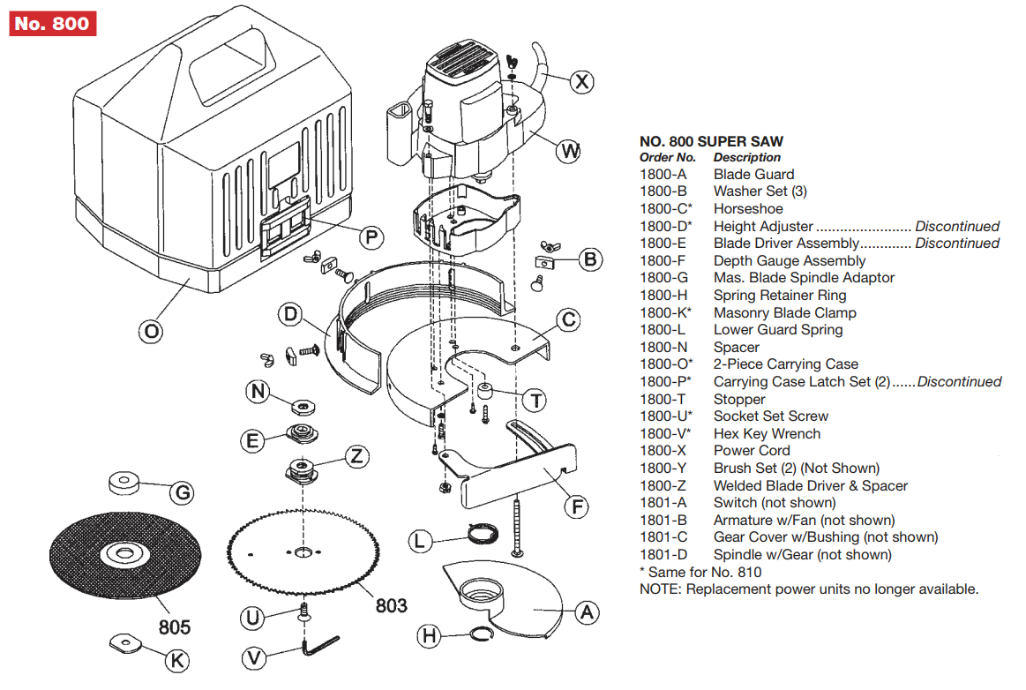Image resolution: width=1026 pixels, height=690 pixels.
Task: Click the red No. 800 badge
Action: pyautogui.click(x=53, y=23)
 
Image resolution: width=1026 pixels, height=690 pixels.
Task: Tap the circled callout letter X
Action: pyautogui.click(x=580, y=82)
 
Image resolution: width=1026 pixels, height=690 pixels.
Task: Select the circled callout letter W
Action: pyautogui.click(x=570, y=151)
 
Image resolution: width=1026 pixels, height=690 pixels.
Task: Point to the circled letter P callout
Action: pyautogui.click(x=372, y=236)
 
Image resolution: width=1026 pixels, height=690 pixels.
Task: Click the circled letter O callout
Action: pyautogui.click(x=152, y=332)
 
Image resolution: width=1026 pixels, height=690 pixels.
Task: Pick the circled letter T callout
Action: pyautogui.click(x=534, y=400)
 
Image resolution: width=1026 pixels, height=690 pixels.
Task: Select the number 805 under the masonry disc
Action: pyautogui.click(x=175, y=628)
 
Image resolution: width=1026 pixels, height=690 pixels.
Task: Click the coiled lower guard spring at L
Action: pyautogui.click(x=479, y=534)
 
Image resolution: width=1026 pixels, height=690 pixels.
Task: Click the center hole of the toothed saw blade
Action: pyautogui.click(x=303, y=553)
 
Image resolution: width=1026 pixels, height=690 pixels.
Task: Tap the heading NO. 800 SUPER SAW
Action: pyautogui.click(x=711, y=141)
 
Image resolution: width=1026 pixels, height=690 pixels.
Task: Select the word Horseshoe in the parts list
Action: pyautogui.click(x=748, y=209)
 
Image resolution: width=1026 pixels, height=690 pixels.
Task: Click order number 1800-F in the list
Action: pyautogui.click(x=663, y=260)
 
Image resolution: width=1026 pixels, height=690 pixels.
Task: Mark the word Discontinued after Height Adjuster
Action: pyautogui.click(x=957, y=227)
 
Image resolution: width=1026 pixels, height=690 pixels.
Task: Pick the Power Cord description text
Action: pyautogui.click(x=752, y=451)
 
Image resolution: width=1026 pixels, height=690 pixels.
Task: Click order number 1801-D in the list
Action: pyautogui.click(x=663, y=555)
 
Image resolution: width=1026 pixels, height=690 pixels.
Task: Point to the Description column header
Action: pyautogui.click(x=747, y=157)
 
